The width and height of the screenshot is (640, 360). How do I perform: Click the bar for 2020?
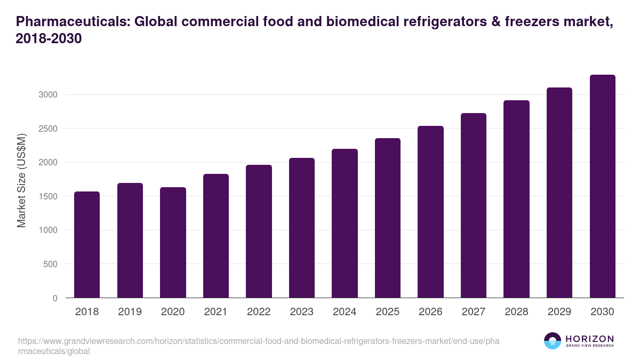(173, 242)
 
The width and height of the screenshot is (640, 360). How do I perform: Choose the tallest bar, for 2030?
(602, 186)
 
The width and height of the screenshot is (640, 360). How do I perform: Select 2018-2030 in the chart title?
(49, 39)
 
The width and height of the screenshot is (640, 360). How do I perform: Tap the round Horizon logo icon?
(553, 341)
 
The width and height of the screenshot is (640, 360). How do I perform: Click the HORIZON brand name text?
(589, 338)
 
